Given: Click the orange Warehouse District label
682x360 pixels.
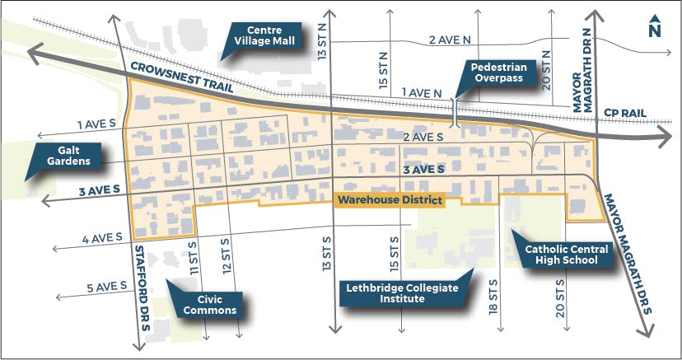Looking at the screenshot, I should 390,200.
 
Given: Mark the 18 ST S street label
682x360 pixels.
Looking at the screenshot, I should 493,297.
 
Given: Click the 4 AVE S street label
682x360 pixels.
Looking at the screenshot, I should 102,240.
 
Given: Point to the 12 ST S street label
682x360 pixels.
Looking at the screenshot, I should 225,256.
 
